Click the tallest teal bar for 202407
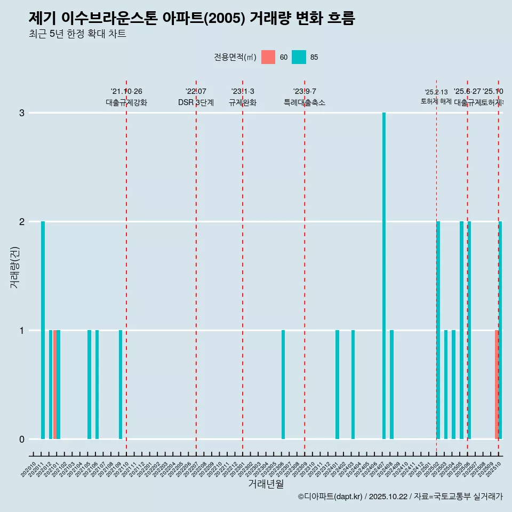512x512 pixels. pos(384,276)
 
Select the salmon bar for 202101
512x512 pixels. pos(54,385)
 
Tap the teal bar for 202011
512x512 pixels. pos(43,330)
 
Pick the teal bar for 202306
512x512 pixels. pos(283,385)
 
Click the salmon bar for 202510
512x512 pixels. pos(497,385)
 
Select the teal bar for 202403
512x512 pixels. pos(353,385)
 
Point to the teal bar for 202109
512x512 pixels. pos(121,385)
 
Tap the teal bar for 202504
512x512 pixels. pos(453,385)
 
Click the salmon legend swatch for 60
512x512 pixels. pos(268,57)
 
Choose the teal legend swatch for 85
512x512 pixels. pos(299,57)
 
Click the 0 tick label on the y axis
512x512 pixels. pos(22,439)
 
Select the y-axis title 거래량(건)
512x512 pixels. pos(14,267)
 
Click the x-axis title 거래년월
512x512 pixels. pos(266,484)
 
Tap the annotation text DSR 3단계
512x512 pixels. pos(196,102)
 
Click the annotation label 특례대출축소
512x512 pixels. pos(305,102)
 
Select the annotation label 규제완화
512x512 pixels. pos(243,102)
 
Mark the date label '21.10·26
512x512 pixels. pos(126,92)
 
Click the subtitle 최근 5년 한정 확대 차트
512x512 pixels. pos(77,34)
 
